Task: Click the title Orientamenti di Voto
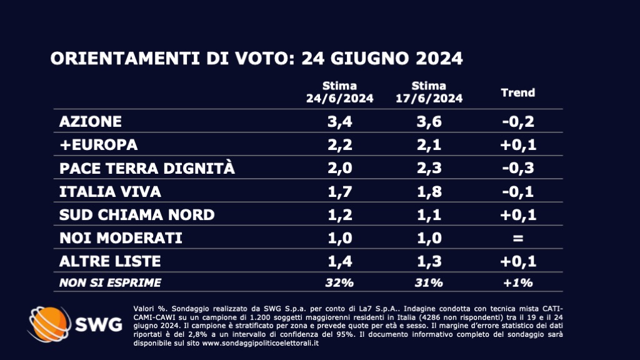pyautogui.click(x=256, y=59)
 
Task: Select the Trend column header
pyautogui.click(x=518, y=92)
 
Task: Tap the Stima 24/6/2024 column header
pyautogui.click(x=339, y=92)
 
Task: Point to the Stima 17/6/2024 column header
pyautogui.click(x=429, y=92)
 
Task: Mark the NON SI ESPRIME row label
pyautogui.click(x=109, y=282)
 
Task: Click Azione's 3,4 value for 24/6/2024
pyautogui.click(x=339, y=121)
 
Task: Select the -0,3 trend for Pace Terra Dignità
pyautogui.click(x=518, y=168)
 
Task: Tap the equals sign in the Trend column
pyautogui.click(x=518, y=238)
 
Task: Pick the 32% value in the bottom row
pyautogui.click(x=339, y=282)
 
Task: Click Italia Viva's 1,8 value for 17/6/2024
pyautogui.click(x=429, y=191)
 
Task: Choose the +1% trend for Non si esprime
pyautogui.click(x=518, y=282)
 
